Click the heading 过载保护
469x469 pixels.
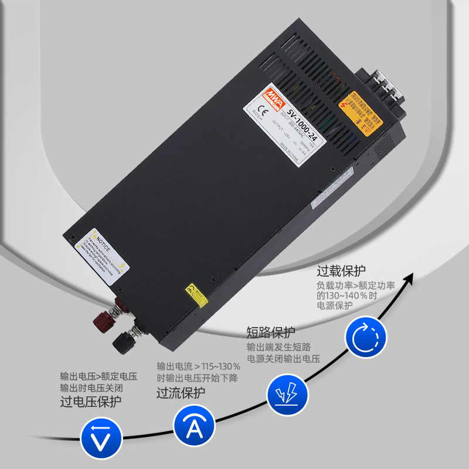click(341, 271)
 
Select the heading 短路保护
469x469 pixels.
click(270, 332)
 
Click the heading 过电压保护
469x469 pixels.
click(91, 402)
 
